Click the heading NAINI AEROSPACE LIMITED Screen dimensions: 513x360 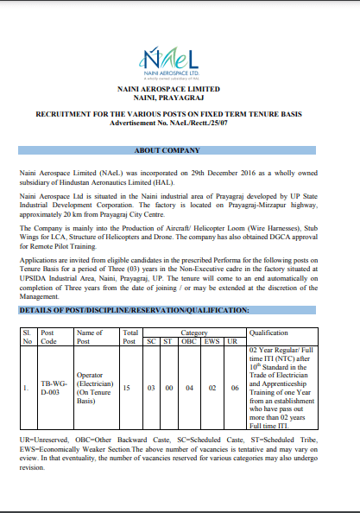pos(180,89)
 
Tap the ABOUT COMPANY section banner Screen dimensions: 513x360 pos(180,151)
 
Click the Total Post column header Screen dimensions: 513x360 pos(130,336)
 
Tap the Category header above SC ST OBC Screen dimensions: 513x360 pos(193,332)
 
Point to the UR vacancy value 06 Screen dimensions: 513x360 pos(233,389)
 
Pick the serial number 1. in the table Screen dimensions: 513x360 pos(27,389)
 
